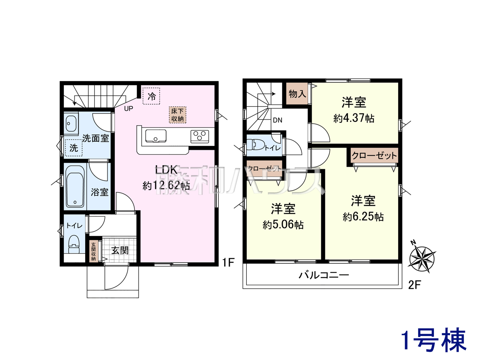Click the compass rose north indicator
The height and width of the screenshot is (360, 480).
click(x=421, y=259)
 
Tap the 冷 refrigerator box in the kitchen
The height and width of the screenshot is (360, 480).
click(x=151, y=96)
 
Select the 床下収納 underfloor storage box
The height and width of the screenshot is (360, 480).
click(x=177, y=115)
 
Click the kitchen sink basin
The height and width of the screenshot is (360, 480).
click(x=156, y=136)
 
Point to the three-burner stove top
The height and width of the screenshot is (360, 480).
click(x=199, y=136)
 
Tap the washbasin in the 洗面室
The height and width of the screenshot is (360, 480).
click(x=71, y=123)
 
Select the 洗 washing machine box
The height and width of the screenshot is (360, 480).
click(x=74, y=148)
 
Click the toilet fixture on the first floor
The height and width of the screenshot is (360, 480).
click(x=74, y=244)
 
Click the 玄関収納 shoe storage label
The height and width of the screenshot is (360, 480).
click(x=94, y=251)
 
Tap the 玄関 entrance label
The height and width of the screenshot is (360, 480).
click(x=120, y=250)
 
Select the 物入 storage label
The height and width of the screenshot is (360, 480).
click(x=297, y=94)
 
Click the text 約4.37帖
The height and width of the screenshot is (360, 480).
click(x=354, y=118)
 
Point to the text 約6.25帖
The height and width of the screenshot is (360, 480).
click(x=363, y=217)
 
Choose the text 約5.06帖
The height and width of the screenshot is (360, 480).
click(x=283, y=225)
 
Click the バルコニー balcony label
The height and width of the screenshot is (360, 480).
click(x=324, y=275)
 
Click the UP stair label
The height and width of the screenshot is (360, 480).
click(x=129, y=109)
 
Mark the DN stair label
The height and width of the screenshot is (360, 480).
click(x=277, y=120)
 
